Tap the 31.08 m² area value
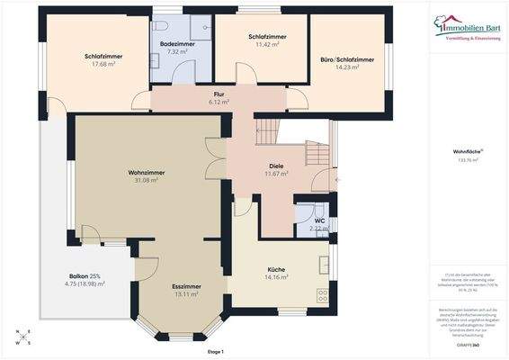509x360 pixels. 144,180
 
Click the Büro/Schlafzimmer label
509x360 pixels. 347,59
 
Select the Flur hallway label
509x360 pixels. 219,94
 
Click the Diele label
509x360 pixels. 276,166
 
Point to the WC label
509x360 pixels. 319,220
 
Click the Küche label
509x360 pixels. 276,269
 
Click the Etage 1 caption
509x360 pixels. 214,351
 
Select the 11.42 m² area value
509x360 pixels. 268,44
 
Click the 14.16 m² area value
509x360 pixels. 276,278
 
